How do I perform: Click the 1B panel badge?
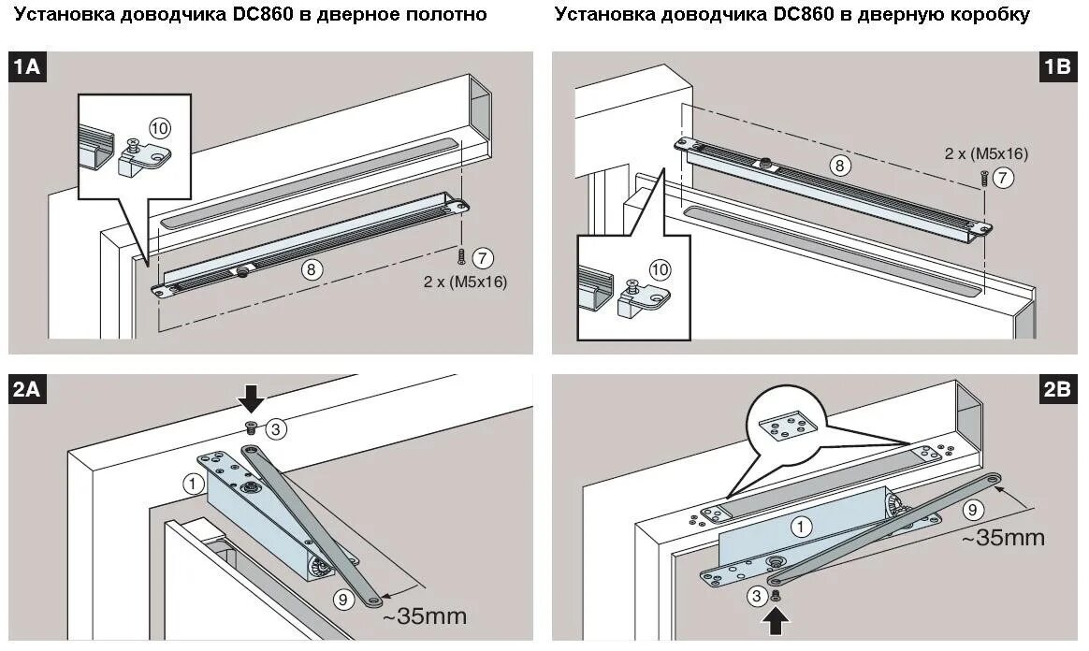1056,67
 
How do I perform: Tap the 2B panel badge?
1056,390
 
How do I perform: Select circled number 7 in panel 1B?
1003,178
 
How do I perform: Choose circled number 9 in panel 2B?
972,511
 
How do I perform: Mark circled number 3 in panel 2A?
275,429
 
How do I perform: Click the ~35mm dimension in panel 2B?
1003,538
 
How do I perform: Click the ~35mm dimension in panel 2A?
424,616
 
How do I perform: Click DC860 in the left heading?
265,14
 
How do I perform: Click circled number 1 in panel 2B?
801,527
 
